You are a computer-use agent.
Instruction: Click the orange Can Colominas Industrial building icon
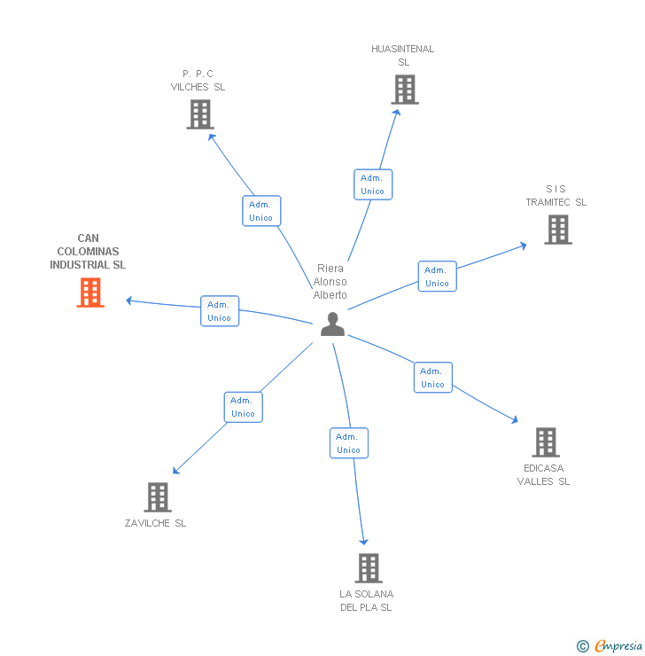(90, 293)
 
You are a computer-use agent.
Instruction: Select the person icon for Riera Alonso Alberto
(332, 324)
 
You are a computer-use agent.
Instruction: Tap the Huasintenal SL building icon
(404, 90)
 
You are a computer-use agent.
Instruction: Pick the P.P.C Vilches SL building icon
(200, 114)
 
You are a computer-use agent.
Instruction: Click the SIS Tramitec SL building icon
(557, 230)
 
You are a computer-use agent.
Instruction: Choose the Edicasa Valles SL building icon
(545, 442)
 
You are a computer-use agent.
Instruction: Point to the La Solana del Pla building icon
(368, 568)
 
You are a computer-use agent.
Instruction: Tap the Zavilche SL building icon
(157, 497)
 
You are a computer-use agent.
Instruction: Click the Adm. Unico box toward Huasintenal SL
(372, 184)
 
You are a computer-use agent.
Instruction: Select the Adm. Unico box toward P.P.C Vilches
(261, 211)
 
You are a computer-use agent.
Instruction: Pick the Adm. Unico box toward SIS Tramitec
(437, 277)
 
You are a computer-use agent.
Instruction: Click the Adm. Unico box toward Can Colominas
(219, 311)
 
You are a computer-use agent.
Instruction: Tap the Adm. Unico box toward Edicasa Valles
(432, 378)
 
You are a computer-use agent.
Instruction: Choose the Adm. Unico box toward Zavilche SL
(243, 407)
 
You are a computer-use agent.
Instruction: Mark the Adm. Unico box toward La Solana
(348, 443)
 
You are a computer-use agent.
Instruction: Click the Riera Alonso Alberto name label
(330, 282)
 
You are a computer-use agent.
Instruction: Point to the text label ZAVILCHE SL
(156, 523)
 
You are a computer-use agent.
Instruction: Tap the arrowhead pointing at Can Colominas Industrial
(129, 301)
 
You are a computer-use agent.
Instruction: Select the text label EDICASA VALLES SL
(544, 475)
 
